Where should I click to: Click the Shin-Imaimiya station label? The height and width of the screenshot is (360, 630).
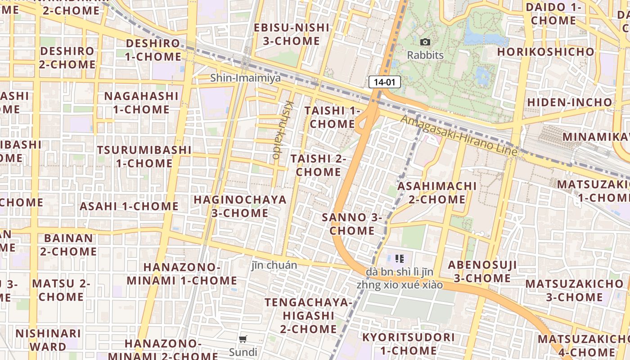(245, 78)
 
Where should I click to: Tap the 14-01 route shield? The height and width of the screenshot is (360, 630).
(384, 82)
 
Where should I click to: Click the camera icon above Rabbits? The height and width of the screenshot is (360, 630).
(425, 42)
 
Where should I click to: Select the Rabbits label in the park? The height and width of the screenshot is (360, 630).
(425, 55)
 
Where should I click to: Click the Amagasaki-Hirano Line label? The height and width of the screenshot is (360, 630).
(459, 135)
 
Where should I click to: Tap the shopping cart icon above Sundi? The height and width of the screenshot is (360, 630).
(243, 339)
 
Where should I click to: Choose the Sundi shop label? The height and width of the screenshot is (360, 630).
(243, 352)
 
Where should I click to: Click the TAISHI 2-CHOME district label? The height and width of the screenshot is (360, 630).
(318, 165)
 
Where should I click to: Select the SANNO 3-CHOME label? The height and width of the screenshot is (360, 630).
(352, 224)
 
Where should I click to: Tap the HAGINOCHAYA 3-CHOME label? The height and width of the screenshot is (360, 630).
(240, 206)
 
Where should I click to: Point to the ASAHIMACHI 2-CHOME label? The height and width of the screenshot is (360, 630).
(437, 193)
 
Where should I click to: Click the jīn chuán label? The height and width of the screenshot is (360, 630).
(274, 265)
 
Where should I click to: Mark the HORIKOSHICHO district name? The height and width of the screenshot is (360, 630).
(546, 52)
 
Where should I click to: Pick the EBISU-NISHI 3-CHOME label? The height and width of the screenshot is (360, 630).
(292, 34)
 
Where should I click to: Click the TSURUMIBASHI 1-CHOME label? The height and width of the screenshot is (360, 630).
(144, 156)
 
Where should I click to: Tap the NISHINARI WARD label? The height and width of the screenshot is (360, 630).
(48, 340)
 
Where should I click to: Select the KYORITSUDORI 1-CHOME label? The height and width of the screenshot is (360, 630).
(408, 344)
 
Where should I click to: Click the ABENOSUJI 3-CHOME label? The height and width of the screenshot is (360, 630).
(482, 271)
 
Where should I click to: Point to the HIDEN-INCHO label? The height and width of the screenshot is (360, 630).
(570, 102)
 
